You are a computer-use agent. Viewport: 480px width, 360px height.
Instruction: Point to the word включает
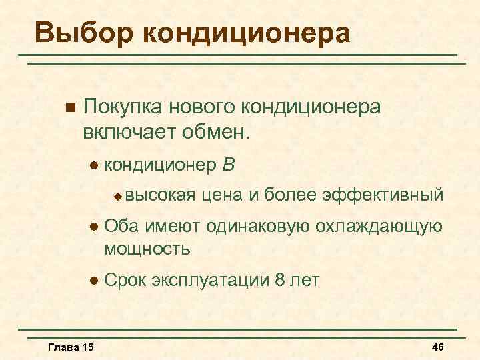pos(127,131)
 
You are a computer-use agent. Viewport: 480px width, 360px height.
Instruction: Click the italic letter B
pos(229,163)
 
